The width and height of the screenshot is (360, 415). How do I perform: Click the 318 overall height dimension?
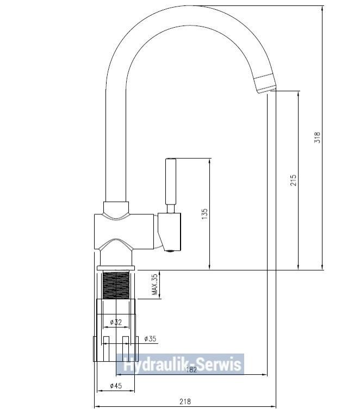(317, 138)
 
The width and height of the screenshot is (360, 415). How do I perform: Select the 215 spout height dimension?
(293, 180)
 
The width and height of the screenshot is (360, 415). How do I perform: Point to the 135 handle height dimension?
(204, 214)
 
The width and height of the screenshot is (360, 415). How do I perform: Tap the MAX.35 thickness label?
(155, 284)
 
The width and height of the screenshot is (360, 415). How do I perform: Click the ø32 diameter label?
(116, 322)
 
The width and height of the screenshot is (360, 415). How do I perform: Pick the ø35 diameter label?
(150, 338)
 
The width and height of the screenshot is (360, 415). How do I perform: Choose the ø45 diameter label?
(116, 386)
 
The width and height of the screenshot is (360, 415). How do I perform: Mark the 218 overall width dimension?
(185, 401)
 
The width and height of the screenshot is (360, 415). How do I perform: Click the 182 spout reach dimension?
(191, 370)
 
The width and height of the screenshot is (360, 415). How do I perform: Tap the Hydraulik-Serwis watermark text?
(182, 364)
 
